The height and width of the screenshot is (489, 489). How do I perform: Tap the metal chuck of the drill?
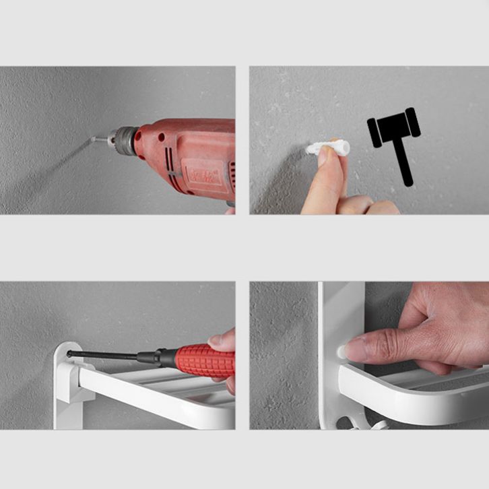(x=123, y=141)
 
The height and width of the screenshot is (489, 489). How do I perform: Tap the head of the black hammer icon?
(x=393, y=128)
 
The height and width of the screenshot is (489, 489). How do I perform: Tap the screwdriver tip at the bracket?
(x=69, y=352)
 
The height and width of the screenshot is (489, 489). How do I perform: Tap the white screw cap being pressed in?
(x=341, y=350)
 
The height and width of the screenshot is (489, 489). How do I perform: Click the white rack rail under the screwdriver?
(x=148, y=393)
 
